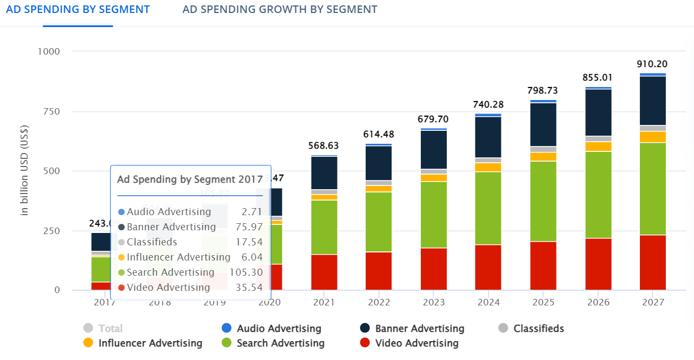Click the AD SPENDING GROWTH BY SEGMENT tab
(280, 9)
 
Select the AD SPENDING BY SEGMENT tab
(78, 9)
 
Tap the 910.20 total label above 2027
(652, 64)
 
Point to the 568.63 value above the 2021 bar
(324, 145)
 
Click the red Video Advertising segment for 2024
(488, 267)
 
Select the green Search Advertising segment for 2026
(598, 195)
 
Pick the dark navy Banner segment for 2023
(434, 150)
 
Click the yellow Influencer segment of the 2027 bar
(652, 137)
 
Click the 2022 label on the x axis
(379, 302)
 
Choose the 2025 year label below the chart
(543, 302)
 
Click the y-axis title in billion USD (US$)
(24, 170)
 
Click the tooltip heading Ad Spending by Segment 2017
(190, 179)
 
